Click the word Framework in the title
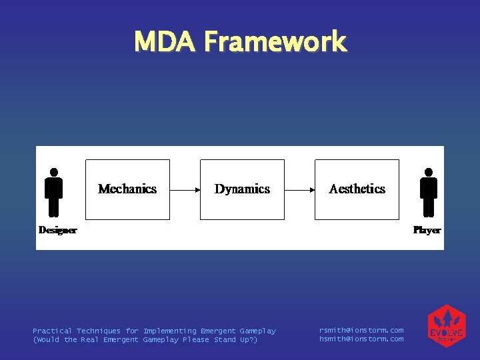coord(275,41)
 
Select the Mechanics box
coord(127,189)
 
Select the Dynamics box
coord(242,189)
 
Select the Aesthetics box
coord(357,189)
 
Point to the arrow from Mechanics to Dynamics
coord(185,190)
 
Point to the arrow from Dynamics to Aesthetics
coord(300,190)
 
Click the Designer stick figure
coord(53,193)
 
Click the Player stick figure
coord(428,193)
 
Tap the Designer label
coord(57,230)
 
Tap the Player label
coord(427,230)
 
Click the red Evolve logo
coord(446,326)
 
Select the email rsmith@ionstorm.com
coord(361,331)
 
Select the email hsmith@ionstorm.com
coord(361,339)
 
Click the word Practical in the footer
coord(53,331)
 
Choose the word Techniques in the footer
coord(99,331)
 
